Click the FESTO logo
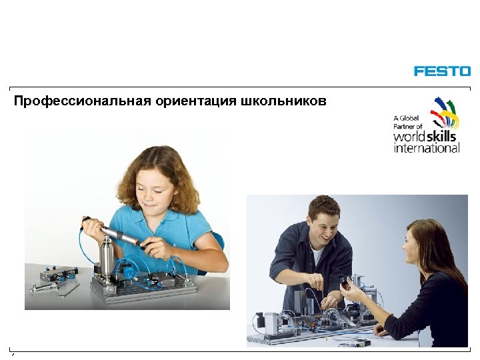[442, 71]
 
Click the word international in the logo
[427, 148]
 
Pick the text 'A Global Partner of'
[408, 122]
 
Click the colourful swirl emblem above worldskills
[445, 112]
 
